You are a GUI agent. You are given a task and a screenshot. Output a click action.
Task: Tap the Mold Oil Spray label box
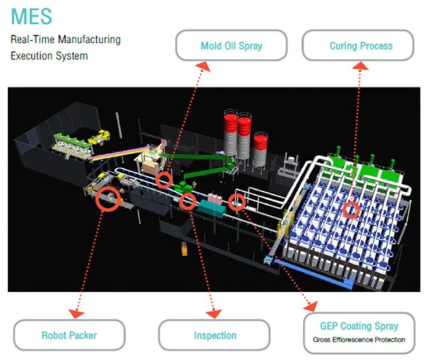[231, 46]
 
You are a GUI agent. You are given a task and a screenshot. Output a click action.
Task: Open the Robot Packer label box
[69, 335]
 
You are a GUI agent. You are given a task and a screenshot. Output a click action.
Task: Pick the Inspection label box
[215, 335]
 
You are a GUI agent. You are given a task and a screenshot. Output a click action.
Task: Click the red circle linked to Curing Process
[351, 210]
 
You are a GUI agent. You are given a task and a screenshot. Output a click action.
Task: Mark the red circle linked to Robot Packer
[108, 198]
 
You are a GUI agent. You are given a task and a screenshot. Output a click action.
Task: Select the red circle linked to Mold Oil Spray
[164, 179]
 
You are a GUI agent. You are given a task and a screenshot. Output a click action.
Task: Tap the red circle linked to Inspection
[188, 201]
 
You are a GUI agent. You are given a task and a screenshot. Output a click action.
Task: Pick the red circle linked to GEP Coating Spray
[237, 202]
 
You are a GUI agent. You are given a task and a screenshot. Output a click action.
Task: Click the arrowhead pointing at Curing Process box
[361, 66]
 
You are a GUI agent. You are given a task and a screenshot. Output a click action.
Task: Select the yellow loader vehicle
[101, 136]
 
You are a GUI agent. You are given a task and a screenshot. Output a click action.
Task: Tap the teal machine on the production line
[211, 209]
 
